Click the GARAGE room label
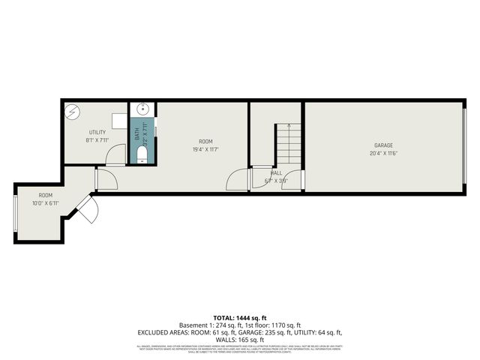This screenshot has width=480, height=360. pyautogui.click(x=384, y=145)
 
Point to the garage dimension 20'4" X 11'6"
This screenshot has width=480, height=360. pyautogui.click(x=383, y=154)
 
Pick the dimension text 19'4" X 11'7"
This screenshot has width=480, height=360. pyautogui.click(x=205, y=149)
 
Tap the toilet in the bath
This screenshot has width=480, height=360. pyautogui.click(x=142, y=154)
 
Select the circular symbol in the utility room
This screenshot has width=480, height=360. pyautogui.click(x=73, y=112)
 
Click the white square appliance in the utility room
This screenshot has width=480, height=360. pyautogui.click(x=118, y=120)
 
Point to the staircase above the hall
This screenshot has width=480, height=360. pyautogui.click(x=287, y=146)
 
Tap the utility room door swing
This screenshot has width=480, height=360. pyautogui.click(x=114, y=155)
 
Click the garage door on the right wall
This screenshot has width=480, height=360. pyautogui.click(x=465, y=146)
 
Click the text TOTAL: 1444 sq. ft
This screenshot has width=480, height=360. pyautogui.click(x=239, y=318)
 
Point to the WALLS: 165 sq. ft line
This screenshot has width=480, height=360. pyautogui.click(x=239, y=339)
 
